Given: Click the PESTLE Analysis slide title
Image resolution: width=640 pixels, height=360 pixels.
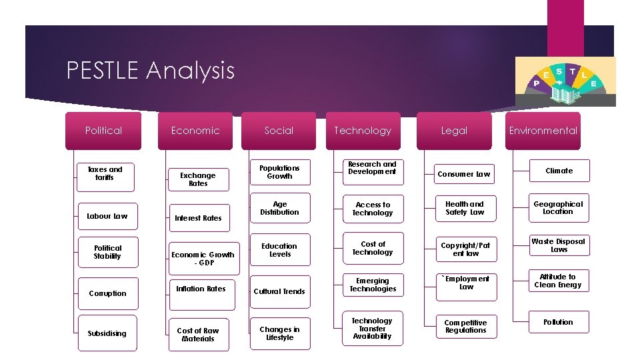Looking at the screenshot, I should click(x=151, y=70).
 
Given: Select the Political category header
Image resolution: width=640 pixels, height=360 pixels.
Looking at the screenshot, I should click(x=103, y=131).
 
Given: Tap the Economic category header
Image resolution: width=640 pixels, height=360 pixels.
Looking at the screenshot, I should click(x=195, y=131).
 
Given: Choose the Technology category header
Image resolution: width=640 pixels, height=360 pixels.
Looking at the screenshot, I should click(x=363, y=131).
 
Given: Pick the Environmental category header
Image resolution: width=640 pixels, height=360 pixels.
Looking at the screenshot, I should click(x=543, y=131).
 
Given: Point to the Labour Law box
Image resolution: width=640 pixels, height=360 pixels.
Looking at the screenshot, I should click(x=107, y=216).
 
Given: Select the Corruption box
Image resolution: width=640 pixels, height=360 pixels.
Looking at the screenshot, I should click(x=107, y=293).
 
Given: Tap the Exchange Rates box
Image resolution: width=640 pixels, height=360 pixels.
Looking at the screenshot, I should click(x=198, y=179).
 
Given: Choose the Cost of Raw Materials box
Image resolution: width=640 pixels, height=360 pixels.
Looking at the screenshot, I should click(x=198, y=334).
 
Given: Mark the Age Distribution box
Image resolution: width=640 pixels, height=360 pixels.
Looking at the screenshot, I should click(x=280, y=208).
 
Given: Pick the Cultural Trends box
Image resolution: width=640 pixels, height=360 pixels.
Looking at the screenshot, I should click(x=280, y=291).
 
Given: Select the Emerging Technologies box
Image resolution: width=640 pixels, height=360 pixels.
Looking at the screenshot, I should click(x=372, y=285).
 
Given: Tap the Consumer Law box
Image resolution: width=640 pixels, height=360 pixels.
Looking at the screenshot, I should click(x=464, y=174).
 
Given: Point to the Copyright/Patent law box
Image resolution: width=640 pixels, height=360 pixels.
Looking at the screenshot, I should click(x=465, y=249).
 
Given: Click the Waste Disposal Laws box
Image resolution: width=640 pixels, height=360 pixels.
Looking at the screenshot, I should click(x=559, y=245).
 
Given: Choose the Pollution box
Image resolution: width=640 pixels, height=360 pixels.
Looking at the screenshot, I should click(x=559, y=322).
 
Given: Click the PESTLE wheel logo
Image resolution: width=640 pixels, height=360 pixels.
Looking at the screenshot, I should click(x=565, y=81).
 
